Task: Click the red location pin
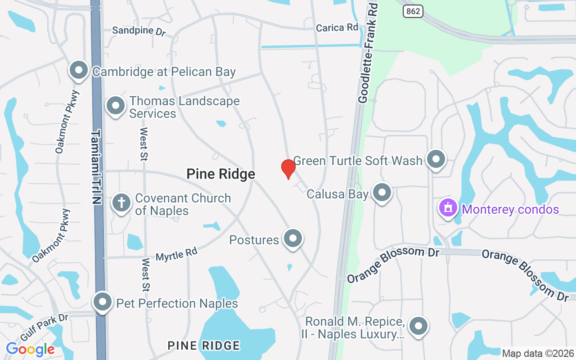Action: [288, 169]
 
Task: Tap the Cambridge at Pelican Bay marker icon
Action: [79, 70]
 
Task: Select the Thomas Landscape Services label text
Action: [184, 107]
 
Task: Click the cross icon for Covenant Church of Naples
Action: [121, 202]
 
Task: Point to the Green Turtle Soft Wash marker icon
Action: [436, 159]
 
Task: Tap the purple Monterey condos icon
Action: [448, 208]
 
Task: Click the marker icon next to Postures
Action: [293, 238]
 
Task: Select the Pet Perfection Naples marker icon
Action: [103, 301]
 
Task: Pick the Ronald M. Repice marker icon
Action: [418, 325]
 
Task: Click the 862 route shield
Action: [413, 12]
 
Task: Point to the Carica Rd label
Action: [337, 28]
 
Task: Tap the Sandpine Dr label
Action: [139, 31]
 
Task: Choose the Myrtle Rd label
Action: [176, 255]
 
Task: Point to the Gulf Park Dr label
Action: [44, 327]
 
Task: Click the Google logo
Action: [31, 349]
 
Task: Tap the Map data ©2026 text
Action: [538, 353]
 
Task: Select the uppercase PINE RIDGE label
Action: [203, 346]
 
